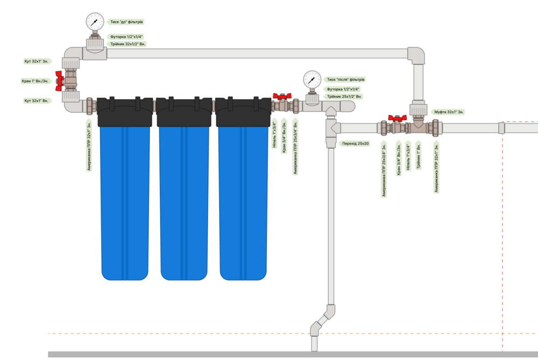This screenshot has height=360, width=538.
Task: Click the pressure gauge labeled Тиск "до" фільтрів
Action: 95,21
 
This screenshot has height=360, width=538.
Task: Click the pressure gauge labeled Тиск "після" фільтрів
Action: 312,80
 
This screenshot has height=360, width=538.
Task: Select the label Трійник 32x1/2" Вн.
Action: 128,44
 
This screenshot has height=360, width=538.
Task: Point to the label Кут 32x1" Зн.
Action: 37,61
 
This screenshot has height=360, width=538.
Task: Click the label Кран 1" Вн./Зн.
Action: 36,81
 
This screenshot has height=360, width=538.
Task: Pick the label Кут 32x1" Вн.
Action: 37,100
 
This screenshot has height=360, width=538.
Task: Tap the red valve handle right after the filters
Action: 281,96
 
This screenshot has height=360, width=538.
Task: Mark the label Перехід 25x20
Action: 355,143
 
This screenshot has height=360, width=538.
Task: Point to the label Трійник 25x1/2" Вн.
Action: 344,96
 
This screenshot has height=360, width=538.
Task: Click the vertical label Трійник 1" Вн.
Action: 419,157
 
